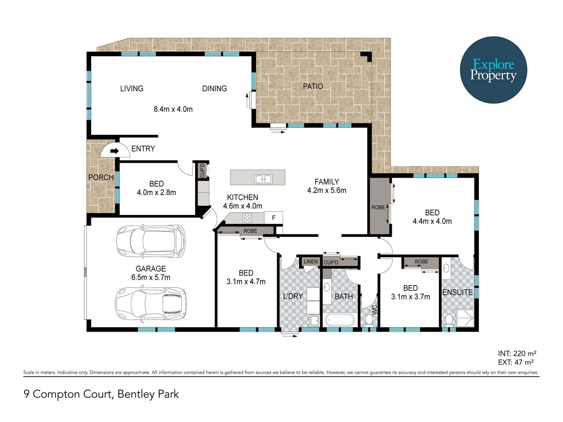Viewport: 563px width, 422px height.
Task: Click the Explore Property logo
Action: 493,70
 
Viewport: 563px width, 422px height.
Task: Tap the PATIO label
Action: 313,86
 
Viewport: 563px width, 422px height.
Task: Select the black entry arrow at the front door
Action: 114,151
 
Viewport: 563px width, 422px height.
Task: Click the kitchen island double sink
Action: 263,179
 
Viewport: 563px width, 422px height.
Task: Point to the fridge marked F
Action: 274,218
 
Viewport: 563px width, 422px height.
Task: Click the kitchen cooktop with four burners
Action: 247,218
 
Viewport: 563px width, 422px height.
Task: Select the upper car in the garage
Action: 151,241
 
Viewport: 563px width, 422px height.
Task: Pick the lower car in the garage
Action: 151,304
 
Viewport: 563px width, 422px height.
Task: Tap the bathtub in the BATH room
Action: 339,320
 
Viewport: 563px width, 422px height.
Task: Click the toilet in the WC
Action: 369,320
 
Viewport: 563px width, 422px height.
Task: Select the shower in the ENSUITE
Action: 464,318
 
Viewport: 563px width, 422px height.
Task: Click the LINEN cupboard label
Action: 311,262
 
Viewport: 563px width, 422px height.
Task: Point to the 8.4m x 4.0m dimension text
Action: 173,109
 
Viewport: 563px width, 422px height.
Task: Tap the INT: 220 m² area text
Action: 517,354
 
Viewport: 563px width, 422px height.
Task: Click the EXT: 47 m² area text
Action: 516,362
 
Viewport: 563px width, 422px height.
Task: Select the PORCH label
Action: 101,177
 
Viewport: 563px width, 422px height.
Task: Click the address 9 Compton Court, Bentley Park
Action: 101,394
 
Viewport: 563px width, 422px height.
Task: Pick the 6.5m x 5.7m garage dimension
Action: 151,277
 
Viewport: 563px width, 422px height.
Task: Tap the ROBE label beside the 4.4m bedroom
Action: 378,207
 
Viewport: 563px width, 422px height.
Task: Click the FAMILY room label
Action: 326,182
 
